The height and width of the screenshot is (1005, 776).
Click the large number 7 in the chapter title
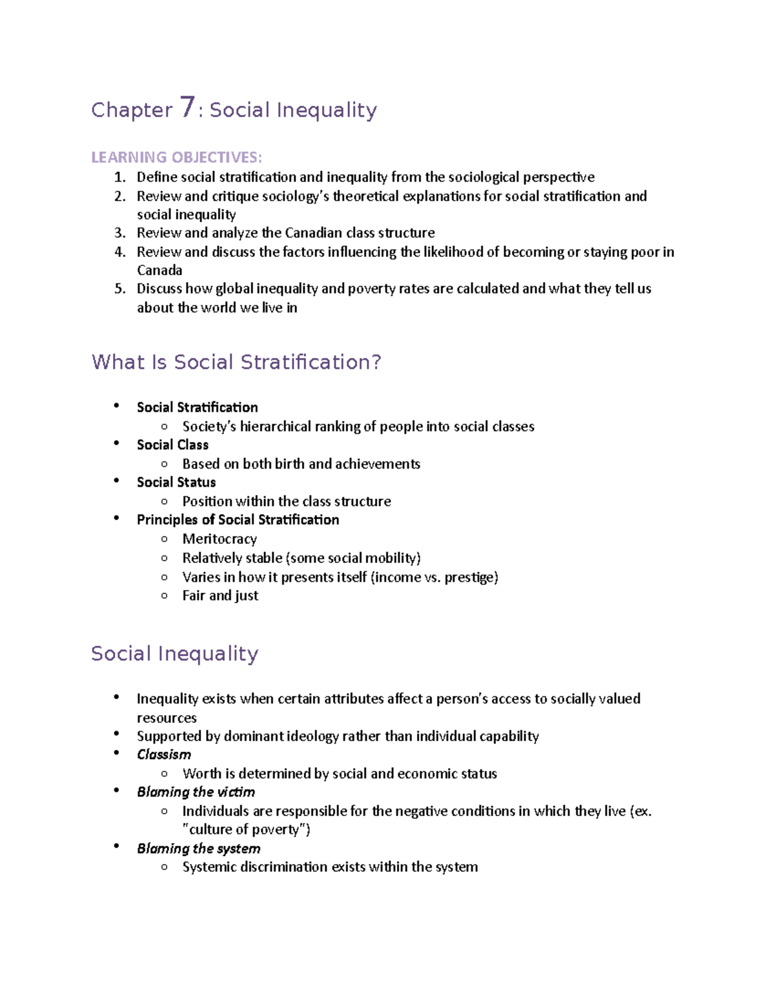click(x=187, y=107)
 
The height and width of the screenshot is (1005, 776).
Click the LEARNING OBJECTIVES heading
click(x=177, y=157)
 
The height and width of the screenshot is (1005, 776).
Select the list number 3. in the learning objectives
click(x=120, y=233)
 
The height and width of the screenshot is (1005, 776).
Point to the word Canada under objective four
click(x=159, y=271)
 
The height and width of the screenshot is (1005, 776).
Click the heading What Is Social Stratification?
click(x=236, y=362)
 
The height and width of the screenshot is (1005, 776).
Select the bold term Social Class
click(x=173, y=445)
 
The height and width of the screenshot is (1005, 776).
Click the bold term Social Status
click(x=176, y=483)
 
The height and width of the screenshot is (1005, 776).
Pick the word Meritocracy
click(x=219, y=539)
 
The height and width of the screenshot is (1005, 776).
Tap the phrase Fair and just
click(x=220, y=596)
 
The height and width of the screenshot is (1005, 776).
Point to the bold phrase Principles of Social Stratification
click(x=237, y=520)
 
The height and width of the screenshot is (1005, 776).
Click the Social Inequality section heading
click(x=175, y=654)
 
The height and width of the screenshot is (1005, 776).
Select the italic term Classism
click(x=164, y=755)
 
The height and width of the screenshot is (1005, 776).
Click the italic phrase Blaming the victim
click(x=195, y=792)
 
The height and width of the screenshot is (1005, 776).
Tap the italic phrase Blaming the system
click(x=198, y=848)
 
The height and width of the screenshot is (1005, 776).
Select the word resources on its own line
click(x=166, y=718)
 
